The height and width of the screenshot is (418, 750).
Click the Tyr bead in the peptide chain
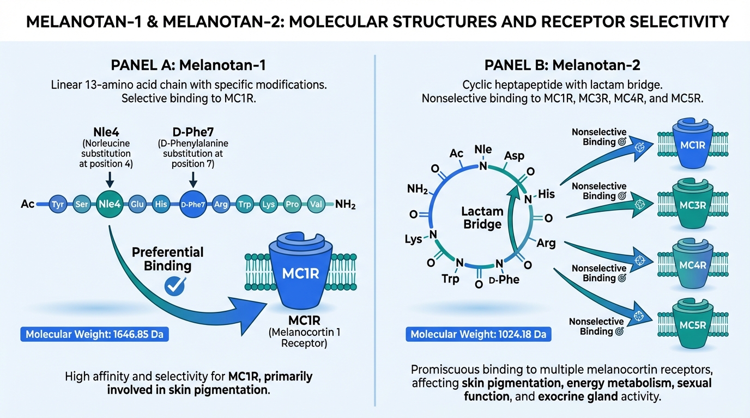click(x=57, y=205)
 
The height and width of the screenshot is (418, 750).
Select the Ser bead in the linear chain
click(x=82, y=205)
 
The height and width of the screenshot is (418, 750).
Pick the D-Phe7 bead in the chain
click(x=193, y=205)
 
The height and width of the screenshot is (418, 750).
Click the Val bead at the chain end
click(x=316, y=205)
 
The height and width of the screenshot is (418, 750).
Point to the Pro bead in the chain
click(x=292, y=205)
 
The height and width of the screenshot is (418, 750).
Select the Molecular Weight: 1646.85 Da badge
click(x=94, y=334)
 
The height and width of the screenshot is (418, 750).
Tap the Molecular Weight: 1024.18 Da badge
click(x=478, y=334)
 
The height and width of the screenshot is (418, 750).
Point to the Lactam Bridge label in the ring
click(x=474, y=218)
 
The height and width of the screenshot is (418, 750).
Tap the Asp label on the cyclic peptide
click(x=514, y=156)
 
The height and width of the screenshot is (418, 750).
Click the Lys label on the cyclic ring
click(x=413, y=239)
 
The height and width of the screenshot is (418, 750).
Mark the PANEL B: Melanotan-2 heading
click(x=562, y=66)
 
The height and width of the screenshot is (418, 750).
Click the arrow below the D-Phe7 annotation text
click(x=193, y=179)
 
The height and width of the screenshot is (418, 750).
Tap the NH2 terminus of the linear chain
click(x=346, y=205)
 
